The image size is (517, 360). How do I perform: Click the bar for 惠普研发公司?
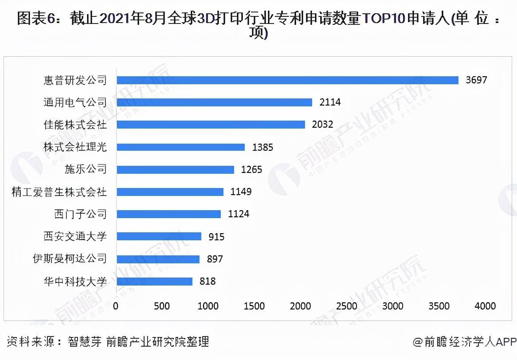point(287,80)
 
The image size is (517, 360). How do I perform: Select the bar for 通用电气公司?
point(214,102)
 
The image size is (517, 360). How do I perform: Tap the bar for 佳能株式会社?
point(211,125)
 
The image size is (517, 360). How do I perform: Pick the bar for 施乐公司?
point(175,169)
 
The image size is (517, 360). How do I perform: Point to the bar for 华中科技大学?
point(154,281)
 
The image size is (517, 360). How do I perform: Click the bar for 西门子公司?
point(168,214)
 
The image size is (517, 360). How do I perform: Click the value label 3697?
point(476,80)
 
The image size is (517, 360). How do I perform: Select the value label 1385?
point(262,147)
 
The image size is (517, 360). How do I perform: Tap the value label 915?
point(216,237)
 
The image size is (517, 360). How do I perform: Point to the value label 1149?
point(241,192)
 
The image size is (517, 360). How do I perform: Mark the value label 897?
point(215,259)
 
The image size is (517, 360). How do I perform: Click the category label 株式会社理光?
point(75,147)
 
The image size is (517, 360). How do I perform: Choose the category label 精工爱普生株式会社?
point(59,192)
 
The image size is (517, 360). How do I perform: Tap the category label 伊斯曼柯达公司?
point(70,259)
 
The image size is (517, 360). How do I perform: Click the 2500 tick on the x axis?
point(347,306)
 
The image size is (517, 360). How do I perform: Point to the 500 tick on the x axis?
point(162,306)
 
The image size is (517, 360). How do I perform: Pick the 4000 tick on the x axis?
point(485,306)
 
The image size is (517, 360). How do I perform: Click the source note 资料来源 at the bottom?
point(107,342)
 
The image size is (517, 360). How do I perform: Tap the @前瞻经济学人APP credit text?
point(465,342)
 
